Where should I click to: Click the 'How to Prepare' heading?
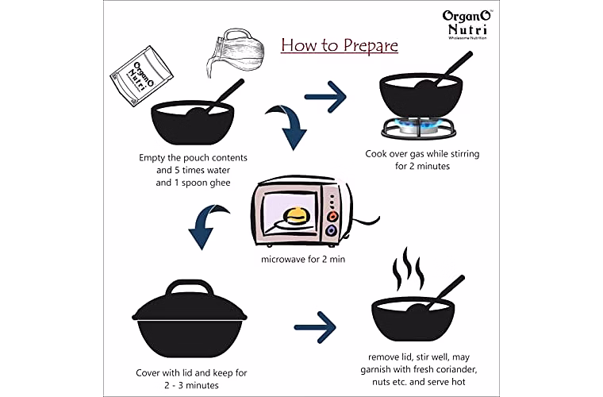(x=340, y=45)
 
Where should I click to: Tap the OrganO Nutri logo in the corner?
(x=467, y=25)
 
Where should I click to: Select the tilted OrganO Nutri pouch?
(x=141, y=75)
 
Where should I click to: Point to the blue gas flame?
(x=418, y=124)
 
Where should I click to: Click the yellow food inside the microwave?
(x=296, y=216)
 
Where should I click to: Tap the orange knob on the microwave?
(x=332, y=216)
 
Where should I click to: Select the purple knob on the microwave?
(x=331, y=231)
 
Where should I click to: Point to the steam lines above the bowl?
(x=408, y=269)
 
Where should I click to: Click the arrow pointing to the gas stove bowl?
(x=325, y=97)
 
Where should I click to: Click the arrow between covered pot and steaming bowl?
(x=315, y=327)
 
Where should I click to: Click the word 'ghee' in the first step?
(x=221, y=183)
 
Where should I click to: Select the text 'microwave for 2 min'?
(x=303, y=260)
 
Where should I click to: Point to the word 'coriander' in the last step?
(x=456, y=369)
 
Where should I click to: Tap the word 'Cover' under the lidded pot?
(x=148, y=372)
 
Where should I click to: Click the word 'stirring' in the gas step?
(x=465, y=154)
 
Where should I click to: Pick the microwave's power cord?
(x=365, y=222)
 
